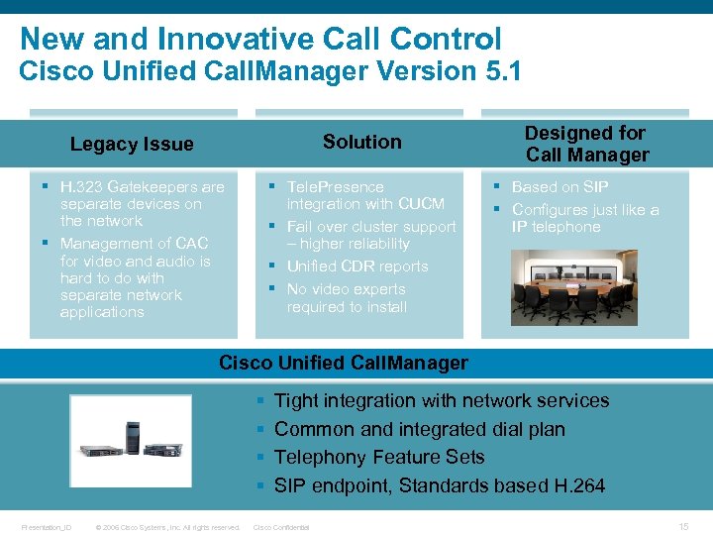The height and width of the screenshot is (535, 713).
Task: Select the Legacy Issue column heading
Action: [132, 145]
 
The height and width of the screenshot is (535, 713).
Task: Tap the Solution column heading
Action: [362, 142]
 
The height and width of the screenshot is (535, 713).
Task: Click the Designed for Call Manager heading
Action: [586, 144]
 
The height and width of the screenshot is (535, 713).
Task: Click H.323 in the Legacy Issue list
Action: [81, 186]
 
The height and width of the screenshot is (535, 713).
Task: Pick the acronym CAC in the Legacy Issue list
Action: [190, 244]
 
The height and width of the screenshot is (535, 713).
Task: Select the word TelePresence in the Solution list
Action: [335, 186]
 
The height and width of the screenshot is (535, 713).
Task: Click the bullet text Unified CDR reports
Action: [356, 267]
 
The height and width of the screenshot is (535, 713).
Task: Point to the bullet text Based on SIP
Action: [560, 186]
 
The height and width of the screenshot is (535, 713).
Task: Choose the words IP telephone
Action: [556, 227]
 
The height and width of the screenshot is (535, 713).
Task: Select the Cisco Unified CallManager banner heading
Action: [343, 363]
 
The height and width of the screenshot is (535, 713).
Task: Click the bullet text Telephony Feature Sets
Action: [379, 457]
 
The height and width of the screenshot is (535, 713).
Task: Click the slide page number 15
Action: [683, 527]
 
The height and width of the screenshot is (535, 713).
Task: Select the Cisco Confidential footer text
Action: [282, 527]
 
